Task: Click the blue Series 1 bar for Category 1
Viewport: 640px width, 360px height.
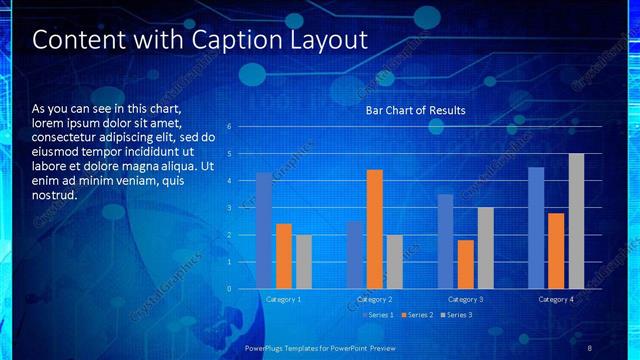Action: (x=264, y=231)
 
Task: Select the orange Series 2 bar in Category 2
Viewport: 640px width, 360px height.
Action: (x=375, y=229)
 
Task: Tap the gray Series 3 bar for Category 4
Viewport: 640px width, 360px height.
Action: (x=576, y=221)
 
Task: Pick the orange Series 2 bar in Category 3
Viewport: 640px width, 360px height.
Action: (x=465, y=264)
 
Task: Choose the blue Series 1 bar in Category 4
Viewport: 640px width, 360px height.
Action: (x=536, y=228)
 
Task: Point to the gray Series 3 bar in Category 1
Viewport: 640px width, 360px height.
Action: (x=303, y=262)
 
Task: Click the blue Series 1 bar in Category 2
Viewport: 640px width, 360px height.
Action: (x=355, y=255)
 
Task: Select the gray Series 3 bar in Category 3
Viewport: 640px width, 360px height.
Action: (x=485, y=248)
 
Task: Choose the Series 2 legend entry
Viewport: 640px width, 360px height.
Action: (x=419, y=315)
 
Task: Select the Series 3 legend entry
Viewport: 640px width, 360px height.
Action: (x=457, y=315)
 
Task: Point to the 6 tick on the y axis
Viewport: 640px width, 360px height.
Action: (x=229, y=127)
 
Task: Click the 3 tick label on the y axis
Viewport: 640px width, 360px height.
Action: (x=229, y=208)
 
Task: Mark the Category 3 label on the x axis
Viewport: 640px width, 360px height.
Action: (x=465, y=299)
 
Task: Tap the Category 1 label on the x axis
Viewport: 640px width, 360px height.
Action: (x=283, y=299)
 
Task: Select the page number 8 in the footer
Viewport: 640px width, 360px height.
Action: (x=590, y=347)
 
